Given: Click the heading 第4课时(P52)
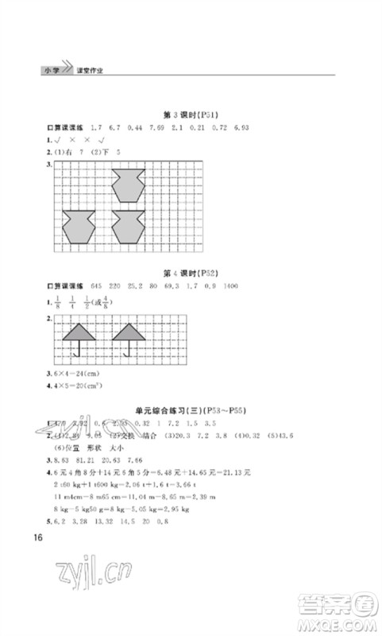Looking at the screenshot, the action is [x=190, y=272].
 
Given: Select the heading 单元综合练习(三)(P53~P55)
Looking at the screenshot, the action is [x=190, y=410].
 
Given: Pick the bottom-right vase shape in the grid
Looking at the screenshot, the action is [x=128, y=227].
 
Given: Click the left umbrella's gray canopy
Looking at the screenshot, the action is [x=77, y=334].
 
